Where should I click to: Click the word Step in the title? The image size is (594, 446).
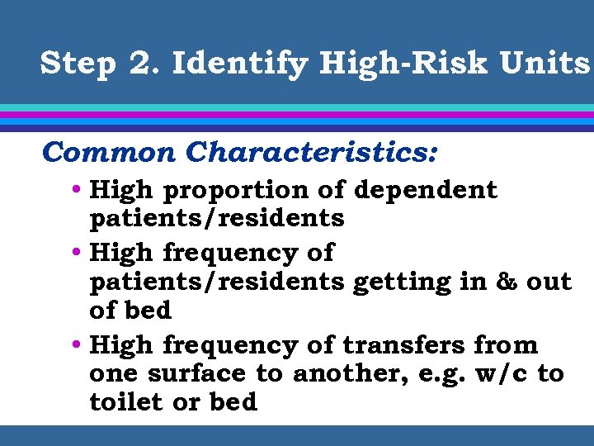pyautogui.click(x=78, y=64)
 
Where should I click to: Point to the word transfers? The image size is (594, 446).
pyautogui.click(x=404, y=344)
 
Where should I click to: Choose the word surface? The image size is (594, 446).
pyautogui.click(x=198, y=373)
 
